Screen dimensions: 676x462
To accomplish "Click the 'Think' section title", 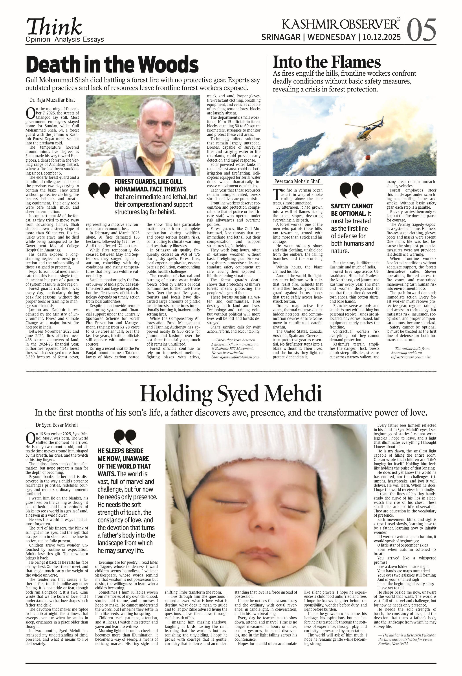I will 54,27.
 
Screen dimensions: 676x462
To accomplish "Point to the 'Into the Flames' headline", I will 327,62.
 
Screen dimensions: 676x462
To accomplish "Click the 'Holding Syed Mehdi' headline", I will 231,394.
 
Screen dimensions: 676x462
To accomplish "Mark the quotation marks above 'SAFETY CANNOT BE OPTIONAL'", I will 351,191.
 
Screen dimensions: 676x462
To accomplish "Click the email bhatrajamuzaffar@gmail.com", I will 235,357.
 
